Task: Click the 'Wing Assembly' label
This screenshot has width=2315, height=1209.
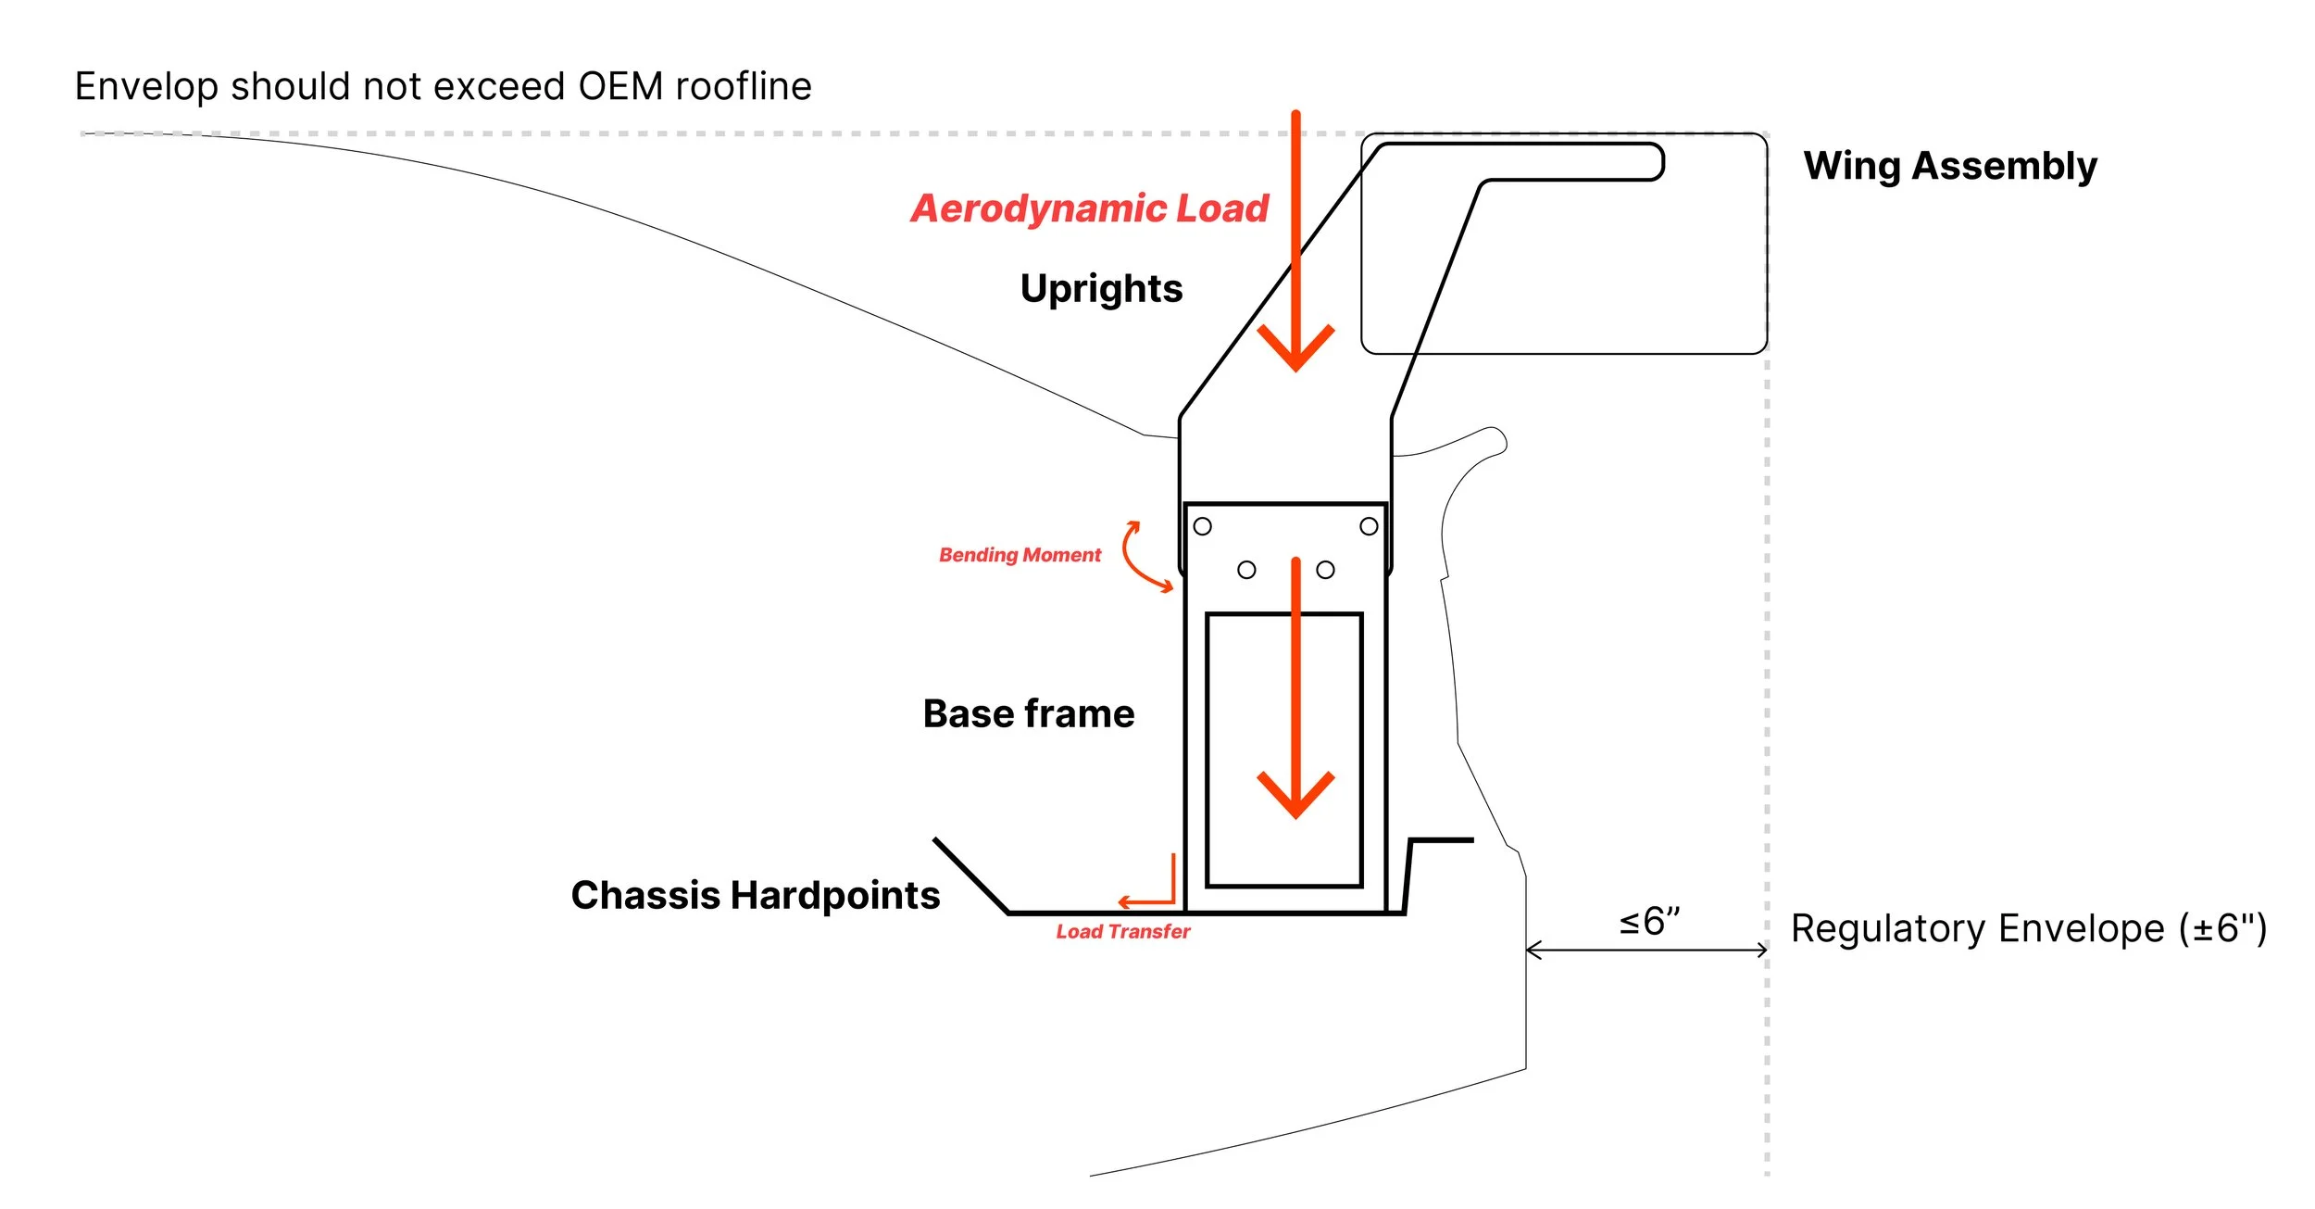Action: (x=1949, y=167)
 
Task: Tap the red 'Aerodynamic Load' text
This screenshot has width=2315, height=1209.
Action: (x=1089, y=208)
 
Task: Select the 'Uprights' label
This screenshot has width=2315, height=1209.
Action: (x=1101, y=289)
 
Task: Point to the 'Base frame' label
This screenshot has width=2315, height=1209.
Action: (x=1028, y=714)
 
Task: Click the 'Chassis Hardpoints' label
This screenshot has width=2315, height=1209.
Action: (x=755, y=896)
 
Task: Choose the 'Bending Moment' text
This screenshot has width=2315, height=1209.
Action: (x=1020, y=555)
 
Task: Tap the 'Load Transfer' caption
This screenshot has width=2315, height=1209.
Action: (x=1122, y=932)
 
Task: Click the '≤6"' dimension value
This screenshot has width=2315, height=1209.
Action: (x=1648, y=922)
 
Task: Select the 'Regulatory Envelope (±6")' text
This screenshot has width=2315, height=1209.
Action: (x=2028, y=928)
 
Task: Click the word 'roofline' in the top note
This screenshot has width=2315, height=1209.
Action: (x=744, y=86)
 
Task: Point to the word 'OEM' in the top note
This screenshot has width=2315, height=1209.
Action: (x=619, y=86)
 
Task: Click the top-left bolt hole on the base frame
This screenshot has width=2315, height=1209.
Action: (x=1202, y=526)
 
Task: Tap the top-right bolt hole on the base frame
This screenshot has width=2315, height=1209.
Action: (x=1369, y=526)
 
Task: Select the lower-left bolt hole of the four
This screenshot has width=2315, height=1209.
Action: (x=1246, y=570)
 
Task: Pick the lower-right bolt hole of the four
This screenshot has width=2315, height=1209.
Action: (x=1325, y=570)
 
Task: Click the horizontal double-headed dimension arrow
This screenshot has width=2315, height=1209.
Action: (x=1646, y=951)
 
